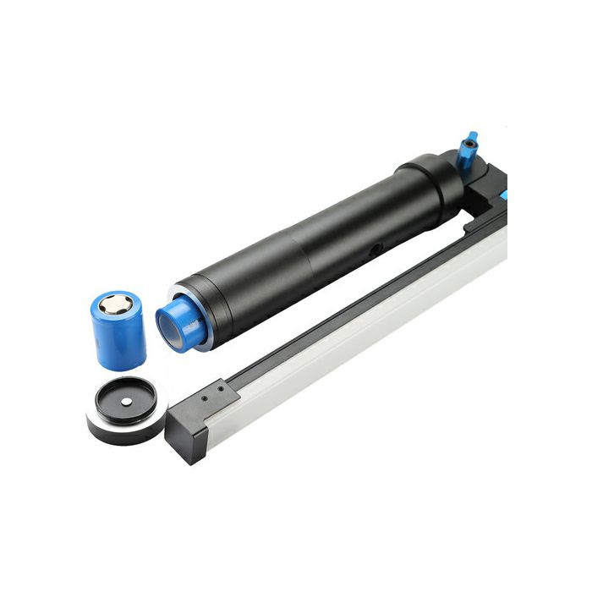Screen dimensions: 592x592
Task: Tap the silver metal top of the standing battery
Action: click(115, 304)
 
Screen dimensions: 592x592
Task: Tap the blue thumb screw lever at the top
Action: click(467, 150)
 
